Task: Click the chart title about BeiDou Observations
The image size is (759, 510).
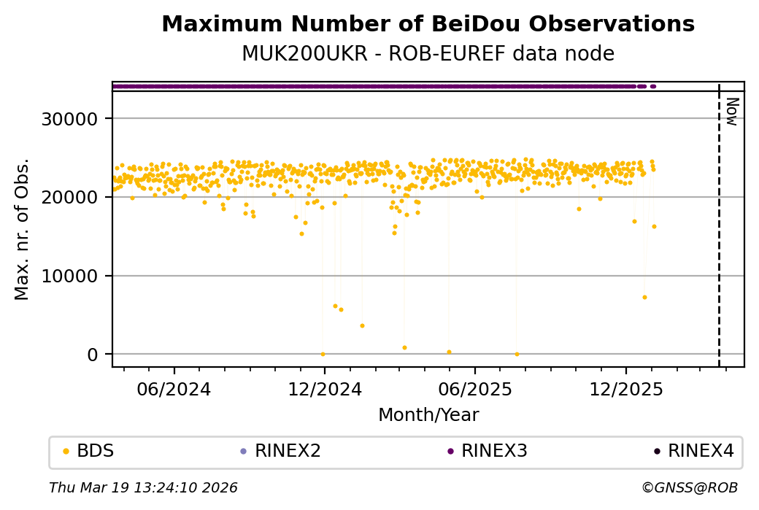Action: click(x=428, y=25)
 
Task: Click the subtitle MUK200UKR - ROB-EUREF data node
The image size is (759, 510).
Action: click(x=428, y=54)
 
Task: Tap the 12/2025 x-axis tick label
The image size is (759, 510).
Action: click(x=626, y=389)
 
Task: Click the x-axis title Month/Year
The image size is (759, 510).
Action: click(x=428, y=415)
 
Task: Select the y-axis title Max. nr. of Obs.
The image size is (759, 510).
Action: click(x=22, y=229)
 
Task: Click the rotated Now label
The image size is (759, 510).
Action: click(x=732, y=111)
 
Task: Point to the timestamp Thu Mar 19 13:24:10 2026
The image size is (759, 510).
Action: click(x=143, y=487)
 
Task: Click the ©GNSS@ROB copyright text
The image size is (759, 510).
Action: click(x=690, y=487)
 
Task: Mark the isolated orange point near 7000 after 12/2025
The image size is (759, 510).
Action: click(x=644, y=297)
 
